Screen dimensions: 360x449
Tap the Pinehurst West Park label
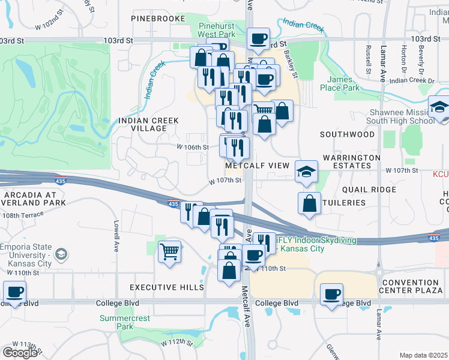pyautogui.click(x=220, y=31)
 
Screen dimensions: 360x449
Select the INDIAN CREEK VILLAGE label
pyautogui.click(x=149, y=124)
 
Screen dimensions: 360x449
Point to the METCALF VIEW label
pyautogui.click(x=258, y=165)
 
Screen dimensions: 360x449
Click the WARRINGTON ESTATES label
pyautogui.click(x=351, y=161)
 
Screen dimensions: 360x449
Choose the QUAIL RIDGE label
pyautogui.click(x=369, y=190)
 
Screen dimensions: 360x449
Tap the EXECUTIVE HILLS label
pyautogui.click(x=166, y=287)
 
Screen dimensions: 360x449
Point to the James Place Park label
pyautogui.click(x=343, y=83)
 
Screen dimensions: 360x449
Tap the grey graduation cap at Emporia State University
pyautogui.click(x=61, y=255)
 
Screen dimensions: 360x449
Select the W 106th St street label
pyautogui.click(x=192, y=146)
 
